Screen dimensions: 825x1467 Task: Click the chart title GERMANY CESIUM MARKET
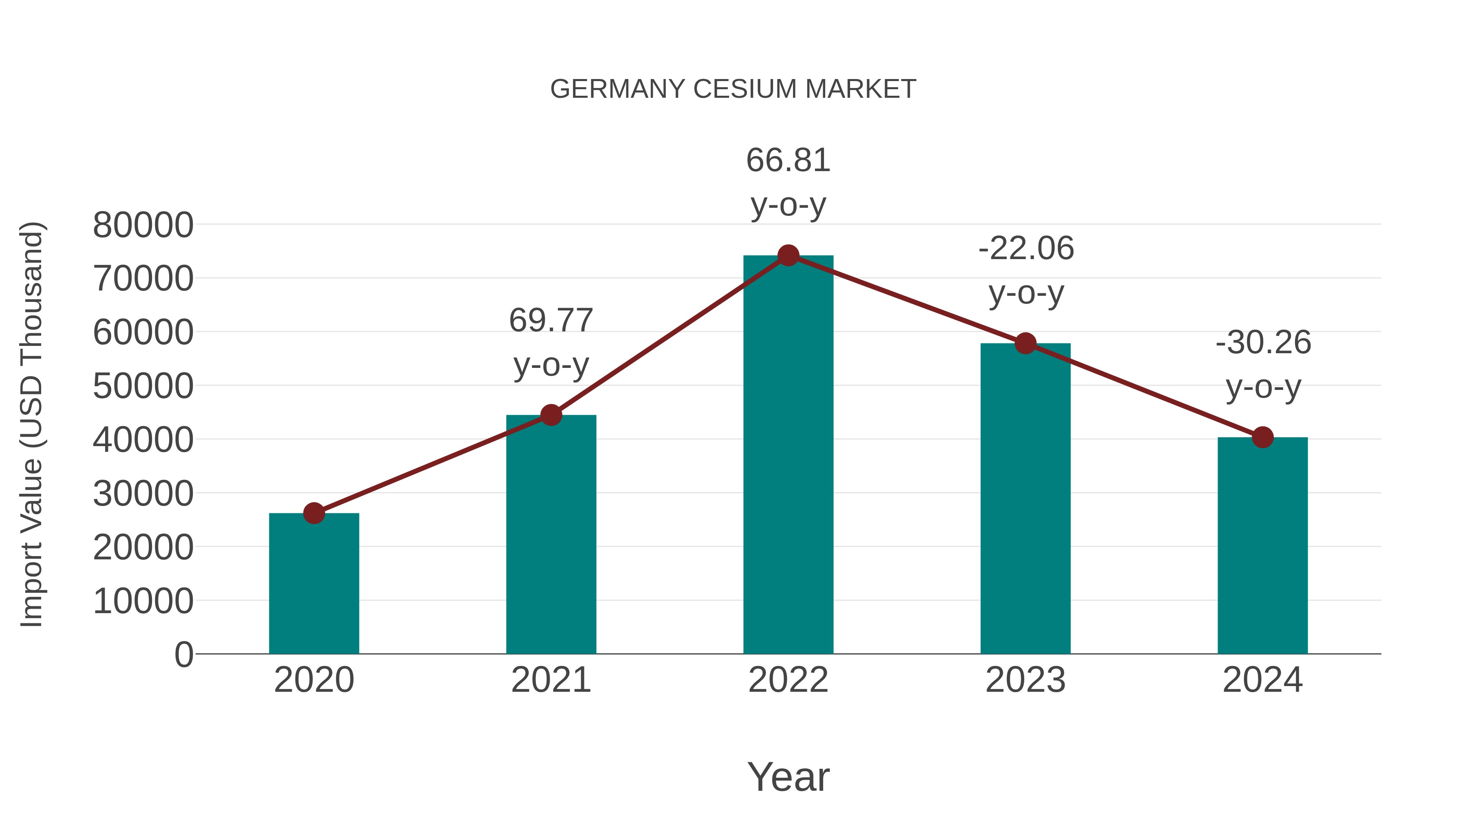(733, 89)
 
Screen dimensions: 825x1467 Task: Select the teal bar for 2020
(314, 586)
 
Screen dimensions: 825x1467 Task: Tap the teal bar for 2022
(788, 455)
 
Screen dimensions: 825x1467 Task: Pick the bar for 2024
(1262, 547)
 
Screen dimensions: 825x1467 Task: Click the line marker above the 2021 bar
(551, 415)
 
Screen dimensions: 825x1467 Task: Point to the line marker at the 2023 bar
(1025, 343)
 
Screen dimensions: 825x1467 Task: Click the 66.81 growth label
(788, 161)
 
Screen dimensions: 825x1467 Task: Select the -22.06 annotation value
(1026, 249)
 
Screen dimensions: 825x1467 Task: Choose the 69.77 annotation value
(551, 321)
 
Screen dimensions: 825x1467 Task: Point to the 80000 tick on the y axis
(143, 225)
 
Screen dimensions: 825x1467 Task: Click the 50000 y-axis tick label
(143, 386)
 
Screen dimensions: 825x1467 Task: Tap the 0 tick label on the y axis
(183, 654)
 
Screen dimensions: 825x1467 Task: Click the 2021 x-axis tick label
(551, 680)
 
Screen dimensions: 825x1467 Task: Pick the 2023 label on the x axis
(1025, 680)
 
